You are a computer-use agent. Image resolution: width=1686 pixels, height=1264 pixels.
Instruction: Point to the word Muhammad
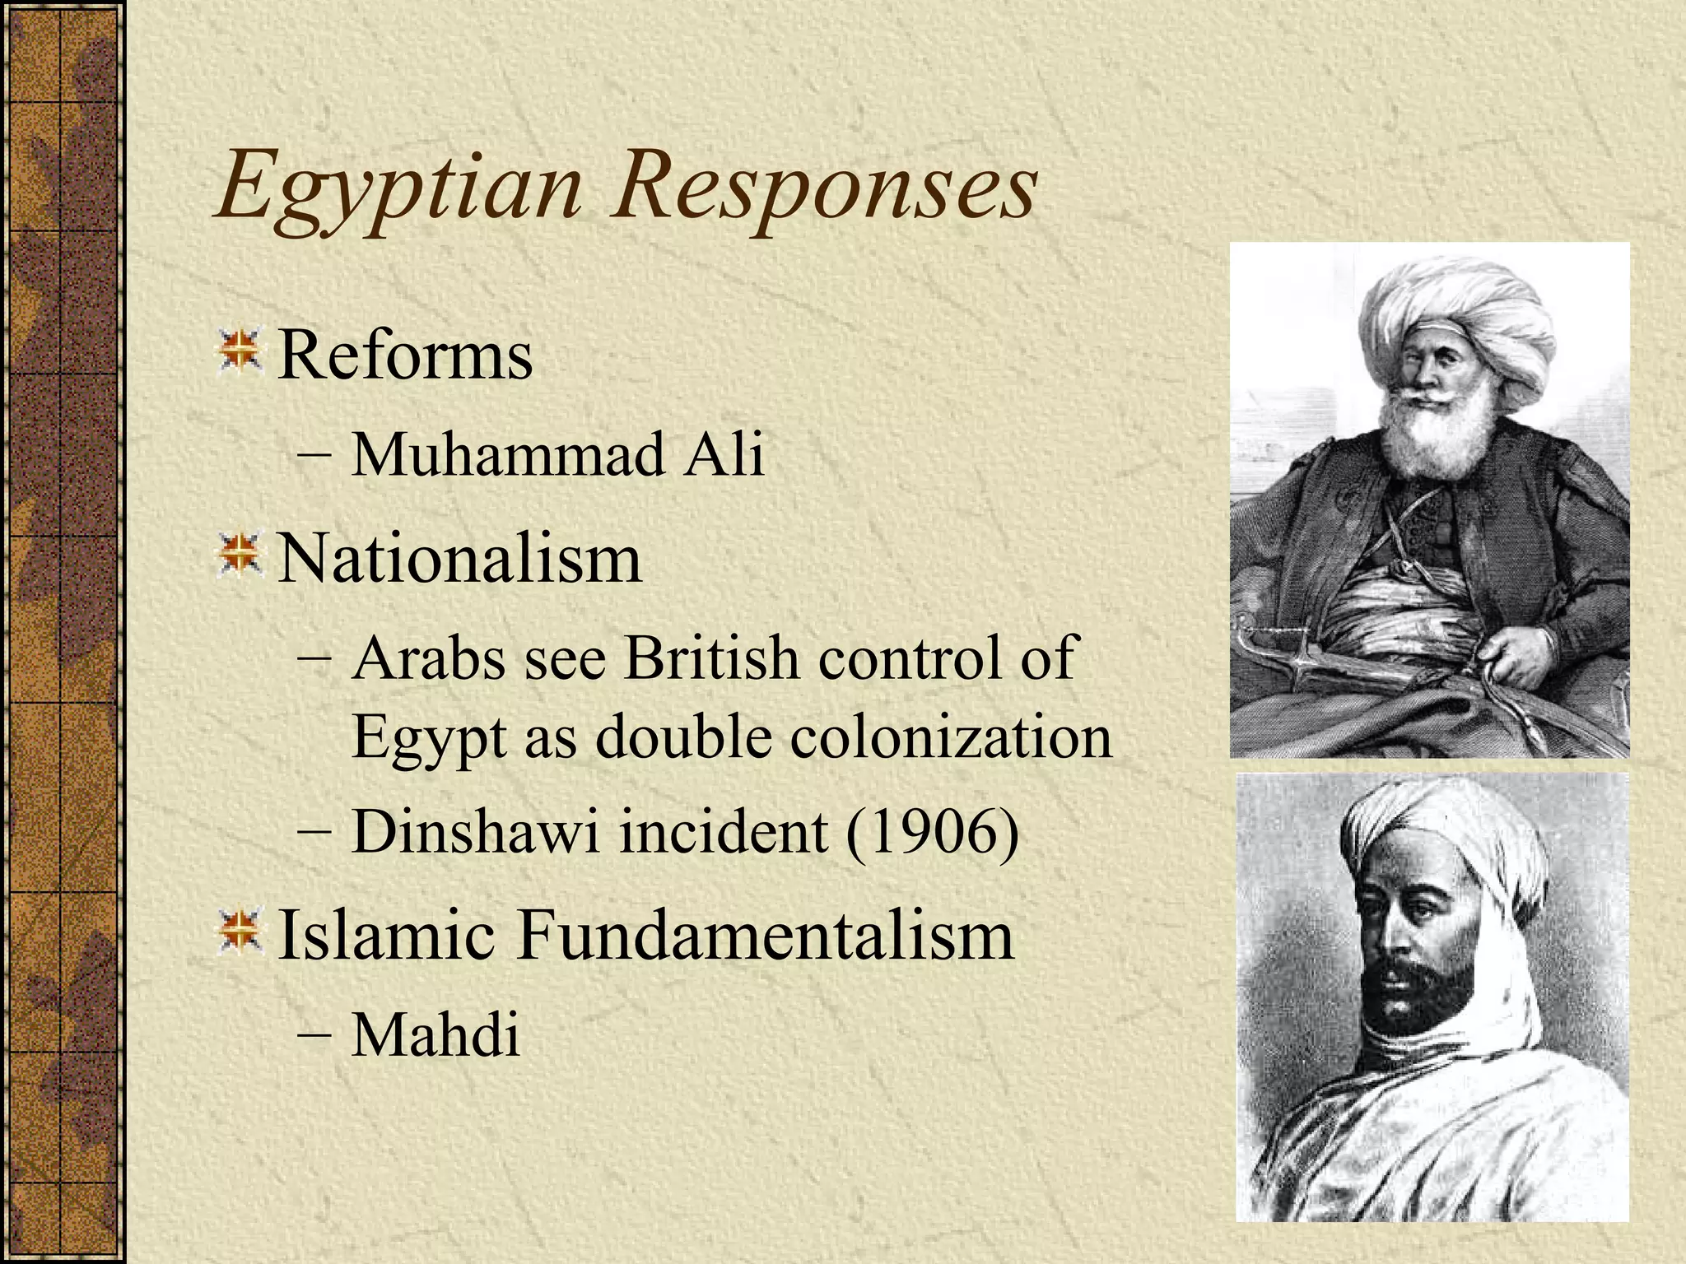(508, 454)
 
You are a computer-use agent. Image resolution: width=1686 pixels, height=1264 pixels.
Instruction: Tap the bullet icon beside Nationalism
(240, 554)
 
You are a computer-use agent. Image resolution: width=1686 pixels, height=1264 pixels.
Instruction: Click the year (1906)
(933, 833)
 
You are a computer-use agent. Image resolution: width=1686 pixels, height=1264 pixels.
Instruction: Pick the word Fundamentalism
(765, 936)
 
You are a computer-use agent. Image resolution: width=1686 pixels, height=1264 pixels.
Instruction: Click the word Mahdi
(435, 1034)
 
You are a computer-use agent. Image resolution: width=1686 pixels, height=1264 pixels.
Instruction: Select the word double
(682, 737)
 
